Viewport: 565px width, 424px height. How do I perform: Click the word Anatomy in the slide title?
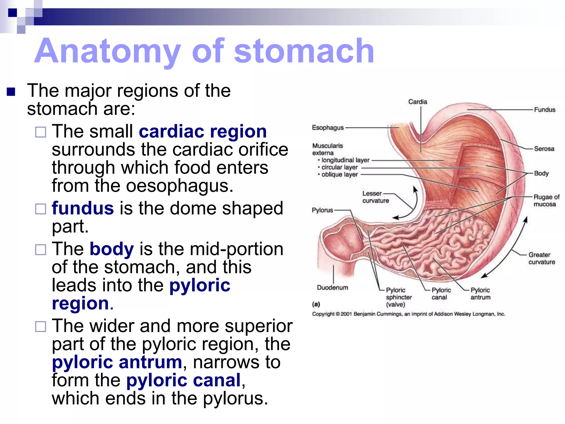click(x=108, y=51)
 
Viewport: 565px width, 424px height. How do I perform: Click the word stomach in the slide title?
click(x=304, y=51)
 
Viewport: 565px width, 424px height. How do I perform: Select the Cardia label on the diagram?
click(x=417, y=102)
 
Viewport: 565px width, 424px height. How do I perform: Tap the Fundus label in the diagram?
click(x=544, y=110)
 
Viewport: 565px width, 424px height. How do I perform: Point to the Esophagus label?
click(x=328, y=128)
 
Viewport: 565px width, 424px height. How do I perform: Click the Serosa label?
click(x=544, y=149)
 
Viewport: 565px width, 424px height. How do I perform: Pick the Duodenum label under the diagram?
click(x=332, y=288)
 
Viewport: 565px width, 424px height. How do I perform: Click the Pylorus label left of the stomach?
click(x=322, y=210)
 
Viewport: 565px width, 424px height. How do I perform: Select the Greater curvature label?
click(x=542, y=258)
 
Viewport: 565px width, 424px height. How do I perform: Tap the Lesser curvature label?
click(x=375, y=197)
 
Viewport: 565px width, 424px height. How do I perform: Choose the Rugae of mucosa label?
click(x=546, y=200)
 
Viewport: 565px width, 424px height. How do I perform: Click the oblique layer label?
click(x=339, y=174)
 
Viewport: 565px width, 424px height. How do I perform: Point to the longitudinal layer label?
click(x=345, y=160)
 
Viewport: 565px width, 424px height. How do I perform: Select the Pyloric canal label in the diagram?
click(x=441, y=293)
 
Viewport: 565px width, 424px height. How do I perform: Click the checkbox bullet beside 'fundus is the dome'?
click(x=41, y=209)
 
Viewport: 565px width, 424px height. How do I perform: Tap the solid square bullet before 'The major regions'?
click(x=11, y=91)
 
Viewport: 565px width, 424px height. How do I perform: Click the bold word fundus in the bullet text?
click(x=83, y=208)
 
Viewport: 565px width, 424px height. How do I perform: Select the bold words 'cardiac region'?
click(x=202, y=131)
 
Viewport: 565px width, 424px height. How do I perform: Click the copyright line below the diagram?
click(x=408, y=314)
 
